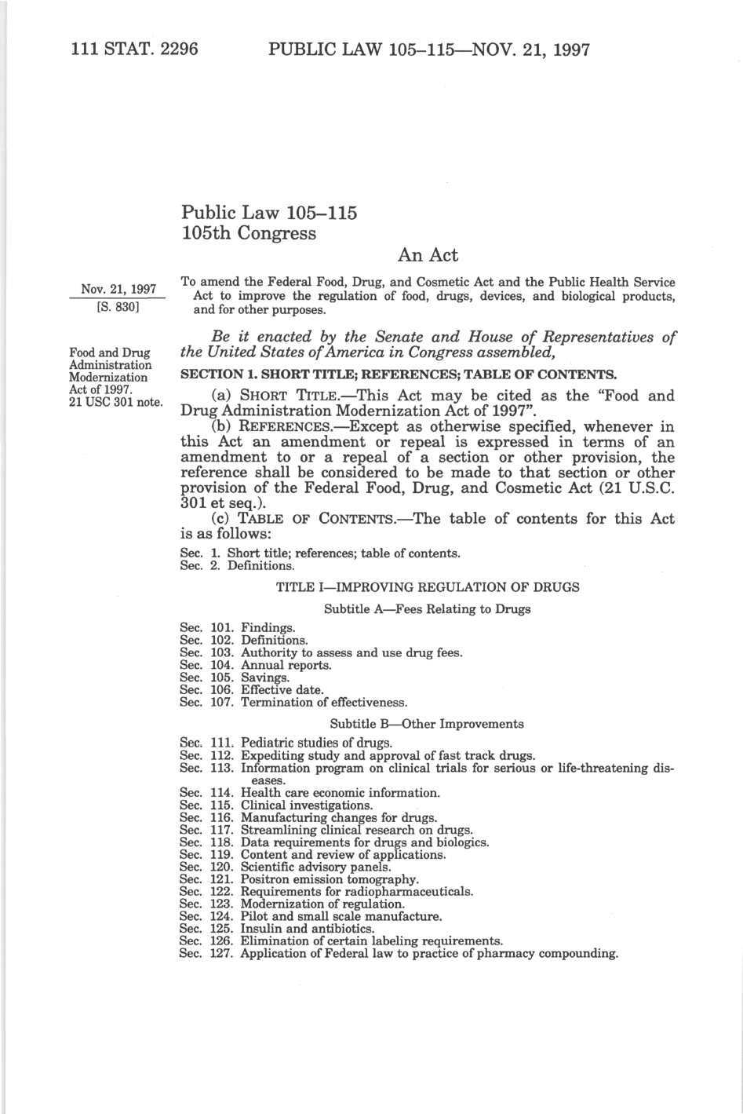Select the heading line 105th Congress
249,233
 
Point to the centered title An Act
428,255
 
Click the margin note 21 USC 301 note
116,404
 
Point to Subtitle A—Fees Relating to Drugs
428,609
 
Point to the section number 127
223,954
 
